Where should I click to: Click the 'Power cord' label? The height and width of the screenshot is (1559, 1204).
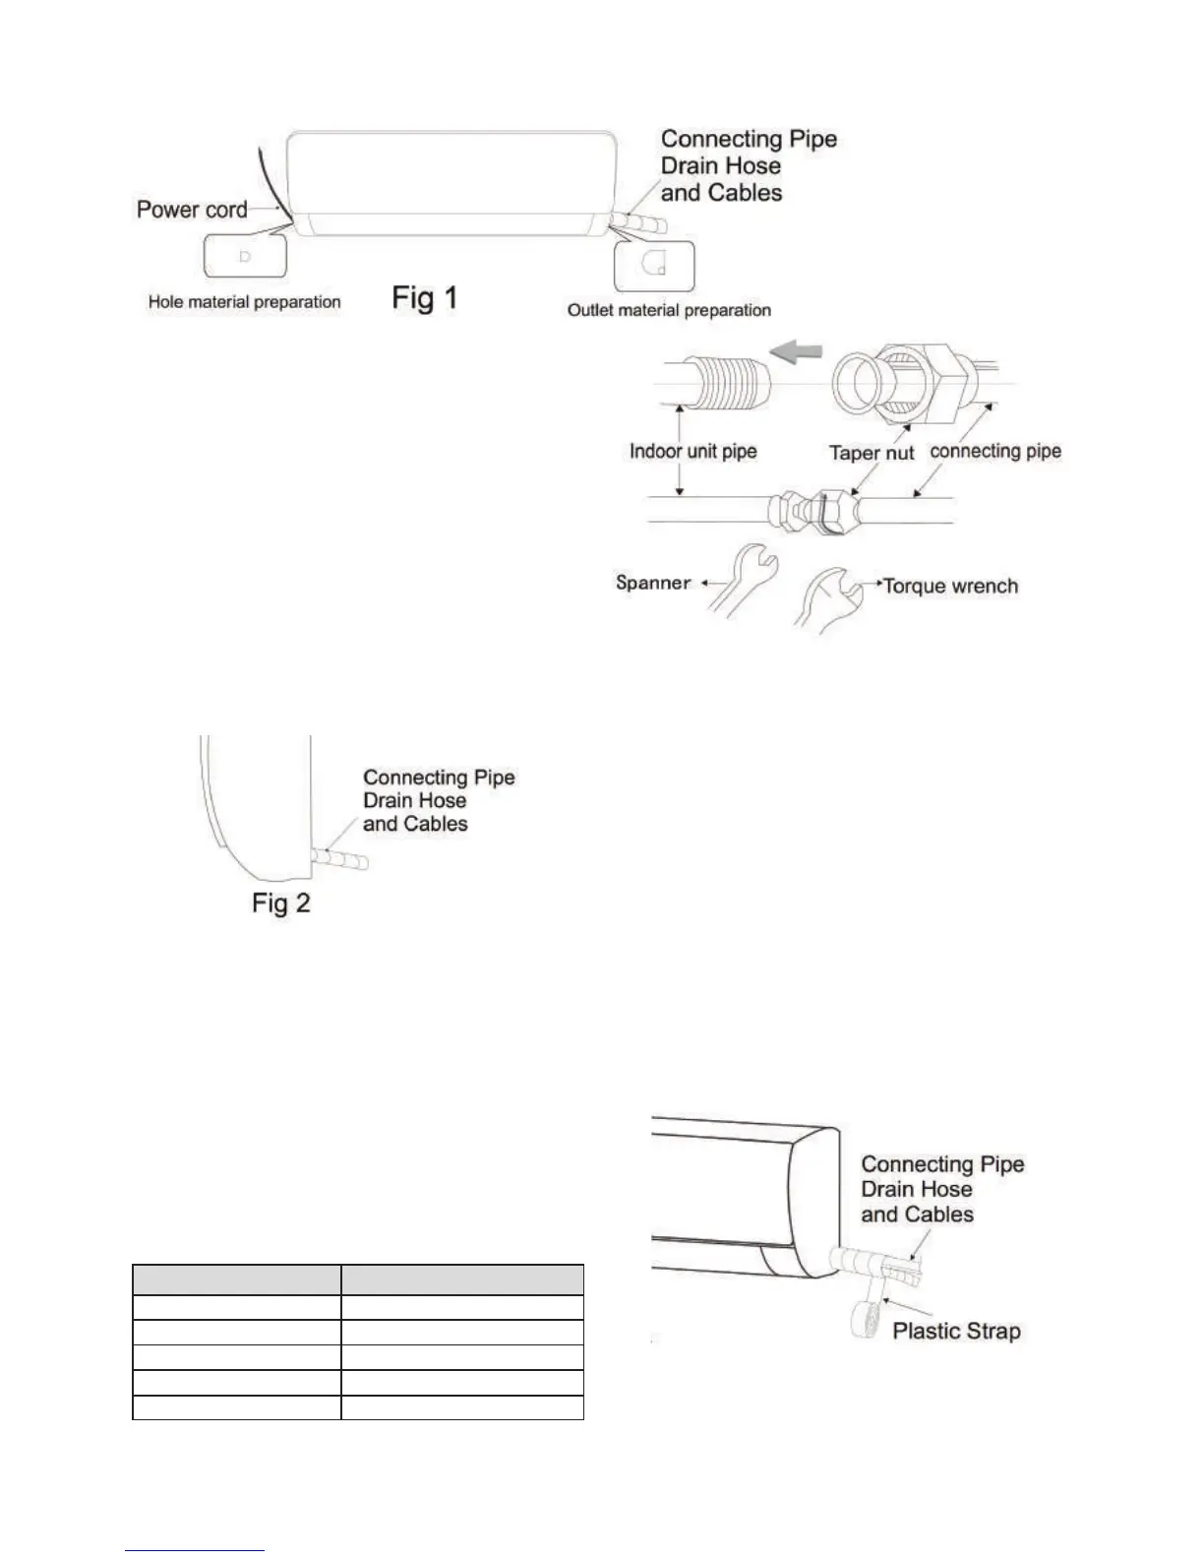[x=192, y=210]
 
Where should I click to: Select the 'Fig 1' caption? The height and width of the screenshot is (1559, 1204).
[x=425, y=297]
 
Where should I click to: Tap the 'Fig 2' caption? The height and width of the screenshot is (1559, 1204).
[x=281, y=904]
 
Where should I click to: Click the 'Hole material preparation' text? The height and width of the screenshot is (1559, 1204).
[x=244, y=302]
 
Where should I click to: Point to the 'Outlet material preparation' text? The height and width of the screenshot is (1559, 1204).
[x=669, y=310]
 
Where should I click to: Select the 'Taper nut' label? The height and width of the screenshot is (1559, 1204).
[x=872, y=453]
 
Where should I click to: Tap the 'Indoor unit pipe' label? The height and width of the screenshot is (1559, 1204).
[x=692, y=452]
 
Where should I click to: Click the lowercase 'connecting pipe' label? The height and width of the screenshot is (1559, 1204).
[x=994, y=451]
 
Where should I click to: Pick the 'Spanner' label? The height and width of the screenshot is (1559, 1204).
[x=653, y=583]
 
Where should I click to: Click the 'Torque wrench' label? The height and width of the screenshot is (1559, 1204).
[x=950, y=587]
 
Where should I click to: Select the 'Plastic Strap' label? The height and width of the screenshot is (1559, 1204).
[x=956, y=1332]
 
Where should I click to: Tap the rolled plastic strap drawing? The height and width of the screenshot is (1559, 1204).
[x=867, y=1320]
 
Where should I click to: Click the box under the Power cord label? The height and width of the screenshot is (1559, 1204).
[x=245, y=256]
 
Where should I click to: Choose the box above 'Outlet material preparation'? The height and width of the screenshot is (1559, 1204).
[x=654, y=266]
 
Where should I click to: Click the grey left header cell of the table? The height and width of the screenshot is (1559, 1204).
[x=236, y=1279]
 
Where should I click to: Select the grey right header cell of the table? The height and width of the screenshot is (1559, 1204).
[x=462, y=1279]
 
